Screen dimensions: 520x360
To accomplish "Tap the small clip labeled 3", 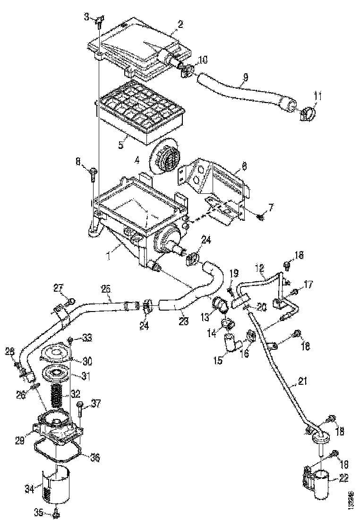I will point(99,20).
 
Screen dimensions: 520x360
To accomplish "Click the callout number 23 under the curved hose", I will point(184,321).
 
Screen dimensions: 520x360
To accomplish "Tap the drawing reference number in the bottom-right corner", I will point(350,499).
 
